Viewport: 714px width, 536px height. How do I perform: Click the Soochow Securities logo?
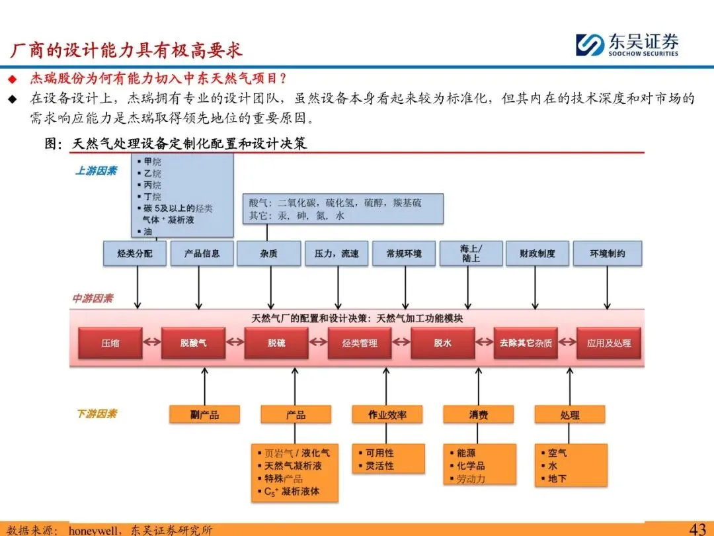(626, 45)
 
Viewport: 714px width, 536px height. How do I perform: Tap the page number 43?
(697, 529)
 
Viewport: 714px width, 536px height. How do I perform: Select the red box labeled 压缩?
(110, 343)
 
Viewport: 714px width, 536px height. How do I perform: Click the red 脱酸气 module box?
(194, 343)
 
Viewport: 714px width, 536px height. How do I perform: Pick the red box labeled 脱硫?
(277, 343)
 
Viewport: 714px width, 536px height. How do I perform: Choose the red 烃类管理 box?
(360, 343)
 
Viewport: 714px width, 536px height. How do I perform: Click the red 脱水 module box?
(443, 343)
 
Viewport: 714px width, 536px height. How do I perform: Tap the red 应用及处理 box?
(609, 343)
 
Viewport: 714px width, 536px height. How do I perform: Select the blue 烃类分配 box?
(135, 253)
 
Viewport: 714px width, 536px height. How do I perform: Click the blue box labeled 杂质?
(269, 253)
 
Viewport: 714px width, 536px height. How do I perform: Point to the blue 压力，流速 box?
(337, 253)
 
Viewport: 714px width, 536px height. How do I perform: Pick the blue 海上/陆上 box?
(471, 253)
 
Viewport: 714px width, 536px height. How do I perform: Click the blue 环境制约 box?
(607, 253)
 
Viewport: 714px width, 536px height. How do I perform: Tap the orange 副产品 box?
(204, 415)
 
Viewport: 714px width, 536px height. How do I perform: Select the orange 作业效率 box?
(387, 415)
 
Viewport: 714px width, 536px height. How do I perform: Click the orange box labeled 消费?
(479, 415)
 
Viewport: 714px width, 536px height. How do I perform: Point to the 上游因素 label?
(96, 171)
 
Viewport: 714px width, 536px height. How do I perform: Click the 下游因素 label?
(97, 414)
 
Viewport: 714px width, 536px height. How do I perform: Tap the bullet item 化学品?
(471, 466)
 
